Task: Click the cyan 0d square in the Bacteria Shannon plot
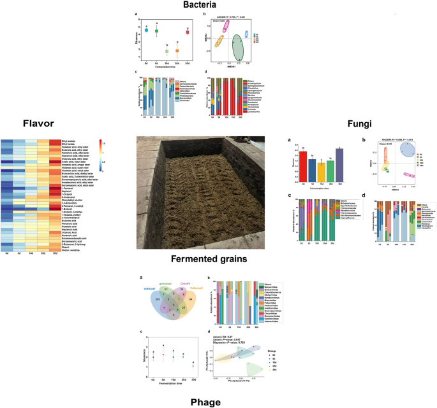tap(146, 30)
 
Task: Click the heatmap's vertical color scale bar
tap(104, 153)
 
